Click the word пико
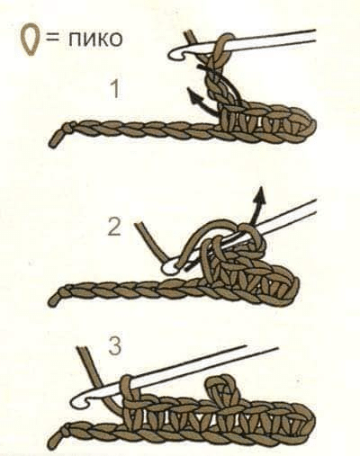[95, 39]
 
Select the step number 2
[114, 227]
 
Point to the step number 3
[115, 345]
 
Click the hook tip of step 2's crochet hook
[169, 268]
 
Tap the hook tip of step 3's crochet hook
[78, 402]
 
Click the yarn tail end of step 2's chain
[53, 300]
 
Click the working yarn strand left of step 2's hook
[151, 242]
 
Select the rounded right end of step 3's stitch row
[309, 420]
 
